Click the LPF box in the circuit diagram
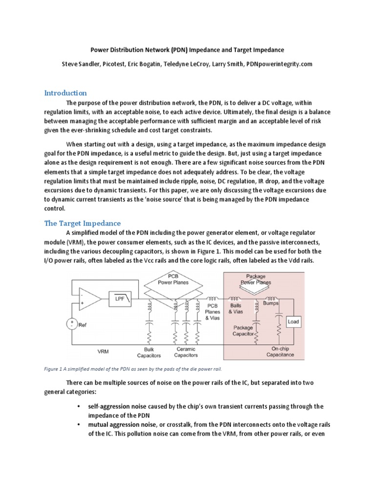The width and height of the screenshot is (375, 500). click(x=120, y=299)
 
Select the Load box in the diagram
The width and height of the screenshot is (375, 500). click(x=293, y=322)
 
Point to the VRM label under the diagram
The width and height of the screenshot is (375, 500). click(x=103, y=351)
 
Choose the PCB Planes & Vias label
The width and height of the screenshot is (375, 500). click(x=213, y=312)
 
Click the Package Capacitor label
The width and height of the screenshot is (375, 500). click(x=243, y=331)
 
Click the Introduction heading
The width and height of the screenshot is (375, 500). click(x=65, y=93)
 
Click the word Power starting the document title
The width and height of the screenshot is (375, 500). click(x=101, y=50)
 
